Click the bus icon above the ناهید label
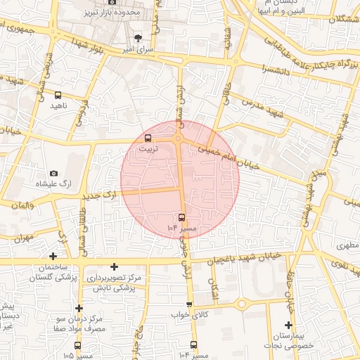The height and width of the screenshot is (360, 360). (58, 95)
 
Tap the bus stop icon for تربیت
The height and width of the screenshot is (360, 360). (148, 139)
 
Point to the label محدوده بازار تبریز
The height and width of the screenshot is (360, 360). (113, 13)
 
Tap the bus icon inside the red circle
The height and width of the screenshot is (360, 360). (182, 217)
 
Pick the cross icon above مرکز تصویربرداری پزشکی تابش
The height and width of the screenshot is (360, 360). (114, 266)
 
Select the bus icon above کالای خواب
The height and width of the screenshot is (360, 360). (190, 304)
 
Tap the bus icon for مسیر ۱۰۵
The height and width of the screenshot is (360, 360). (77, 345)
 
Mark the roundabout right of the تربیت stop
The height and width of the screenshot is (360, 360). (179, 139)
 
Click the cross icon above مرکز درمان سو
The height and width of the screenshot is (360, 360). (79, 308)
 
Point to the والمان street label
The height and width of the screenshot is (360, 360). (22, 204)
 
